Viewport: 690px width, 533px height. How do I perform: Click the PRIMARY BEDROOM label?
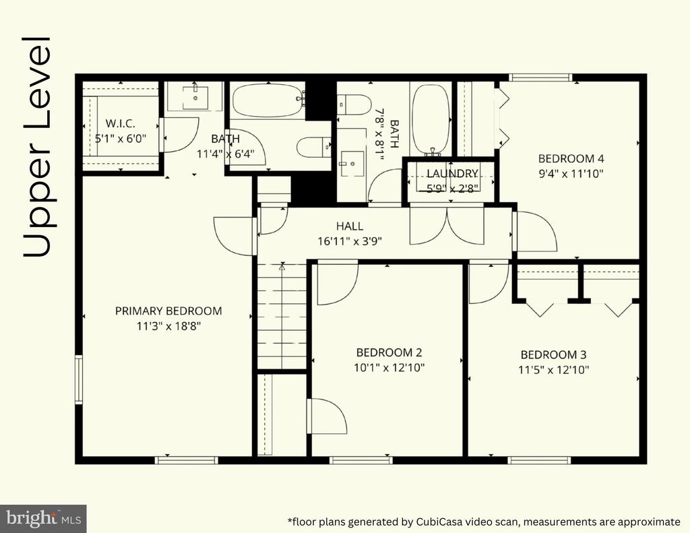[x=168, y=311]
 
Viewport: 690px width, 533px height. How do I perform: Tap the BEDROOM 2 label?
[x=389, y=352]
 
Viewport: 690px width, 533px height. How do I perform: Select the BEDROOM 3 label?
[x=553, y=354]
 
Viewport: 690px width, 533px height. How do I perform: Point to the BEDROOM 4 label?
[x=571, y=158]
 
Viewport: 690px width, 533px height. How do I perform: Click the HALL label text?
[x=350, y=226]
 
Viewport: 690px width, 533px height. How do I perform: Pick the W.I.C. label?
[x=120, y=124]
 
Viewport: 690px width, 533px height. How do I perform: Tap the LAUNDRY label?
[x=452, y=174]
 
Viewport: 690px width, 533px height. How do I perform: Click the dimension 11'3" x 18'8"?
[x=168, y=327]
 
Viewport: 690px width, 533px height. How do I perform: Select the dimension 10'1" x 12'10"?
[x=389, y=367]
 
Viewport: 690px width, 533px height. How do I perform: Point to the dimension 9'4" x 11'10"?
[x=571, y=173]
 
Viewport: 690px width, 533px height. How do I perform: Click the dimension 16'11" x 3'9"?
[x=350, y=241]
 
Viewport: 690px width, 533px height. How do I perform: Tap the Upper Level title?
[x=37, y=148]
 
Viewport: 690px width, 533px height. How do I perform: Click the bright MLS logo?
[x=43, y=518]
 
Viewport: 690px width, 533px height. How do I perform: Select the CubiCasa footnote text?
[x=484, y=522]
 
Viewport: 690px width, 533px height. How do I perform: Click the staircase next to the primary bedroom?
[x=282, y=316]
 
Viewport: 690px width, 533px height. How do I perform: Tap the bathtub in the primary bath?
[x=268, y=100]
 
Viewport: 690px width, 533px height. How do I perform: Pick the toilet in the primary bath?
[x=314, y=147]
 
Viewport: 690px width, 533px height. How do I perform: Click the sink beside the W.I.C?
[x=195, y=97]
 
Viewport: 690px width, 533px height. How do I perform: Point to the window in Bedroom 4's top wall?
[x=541, y=77]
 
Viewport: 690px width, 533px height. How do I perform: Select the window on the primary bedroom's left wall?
[x=79, y=379]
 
